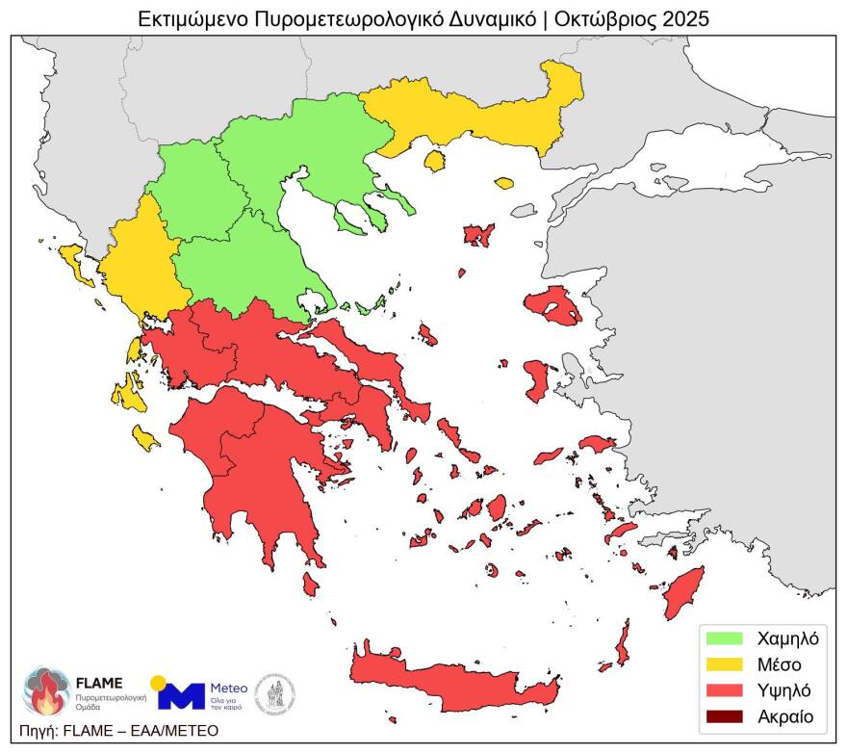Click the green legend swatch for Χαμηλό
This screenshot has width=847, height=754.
pos(725,637)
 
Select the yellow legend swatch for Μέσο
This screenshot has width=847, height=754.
pos(725,663)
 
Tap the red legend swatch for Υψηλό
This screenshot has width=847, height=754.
pos(725,690)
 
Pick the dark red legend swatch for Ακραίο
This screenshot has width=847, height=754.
pos(725,716)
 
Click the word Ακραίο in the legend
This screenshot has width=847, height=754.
pos(785,716)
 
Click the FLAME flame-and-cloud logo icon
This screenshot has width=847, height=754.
pos(44,690)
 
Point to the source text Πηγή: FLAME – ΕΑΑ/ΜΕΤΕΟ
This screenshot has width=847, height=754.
pos(118,731)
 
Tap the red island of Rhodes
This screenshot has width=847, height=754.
pos(684,592)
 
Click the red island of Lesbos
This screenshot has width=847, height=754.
pos(552,305)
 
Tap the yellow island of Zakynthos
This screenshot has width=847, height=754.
pos(146,439)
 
